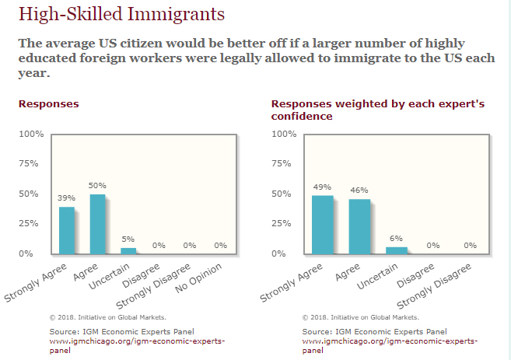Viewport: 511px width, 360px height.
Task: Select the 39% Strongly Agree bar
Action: [67, 230]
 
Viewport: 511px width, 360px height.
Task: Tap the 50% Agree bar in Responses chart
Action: [97, 224]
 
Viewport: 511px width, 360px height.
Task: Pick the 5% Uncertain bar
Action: [128, 250]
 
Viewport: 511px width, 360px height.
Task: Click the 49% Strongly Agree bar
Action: [322, 224]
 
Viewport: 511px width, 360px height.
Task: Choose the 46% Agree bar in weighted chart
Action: [359, 226]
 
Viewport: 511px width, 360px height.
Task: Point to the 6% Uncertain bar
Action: [396, 250]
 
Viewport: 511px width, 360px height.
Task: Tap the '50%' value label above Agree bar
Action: [97, 186]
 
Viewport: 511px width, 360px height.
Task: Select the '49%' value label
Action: [322, 187]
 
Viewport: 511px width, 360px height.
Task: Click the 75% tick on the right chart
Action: [285, 164]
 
